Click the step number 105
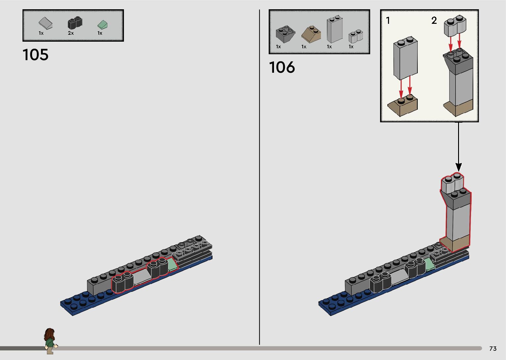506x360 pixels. [x=35, y=55]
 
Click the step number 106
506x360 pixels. [x=282, y=67]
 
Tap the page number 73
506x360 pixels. [x=493, y=349]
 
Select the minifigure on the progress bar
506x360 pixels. [x=50, y=341]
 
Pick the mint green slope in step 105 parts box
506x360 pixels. [x=103, y=24]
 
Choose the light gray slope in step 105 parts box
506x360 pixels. [x=46, y=23]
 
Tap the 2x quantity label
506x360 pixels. [x=71, y=33]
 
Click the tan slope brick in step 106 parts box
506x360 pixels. [x=311, y=34]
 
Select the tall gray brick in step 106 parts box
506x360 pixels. [x=334, y=30]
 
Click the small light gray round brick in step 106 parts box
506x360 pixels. [x=356, y=36]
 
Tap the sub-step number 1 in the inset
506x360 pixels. [x=388, y=21]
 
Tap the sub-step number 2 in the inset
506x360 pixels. [x=434, y=21]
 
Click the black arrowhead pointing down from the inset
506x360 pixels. [x=458, y=167]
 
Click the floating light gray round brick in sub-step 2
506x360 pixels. [x=455, y=27]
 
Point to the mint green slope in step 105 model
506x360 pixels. [x=172, y=264]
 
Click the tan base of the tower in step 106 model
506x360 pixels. [x=455, y=244]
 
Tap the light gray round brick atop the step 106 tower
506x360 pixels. [x=452, y=184]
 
